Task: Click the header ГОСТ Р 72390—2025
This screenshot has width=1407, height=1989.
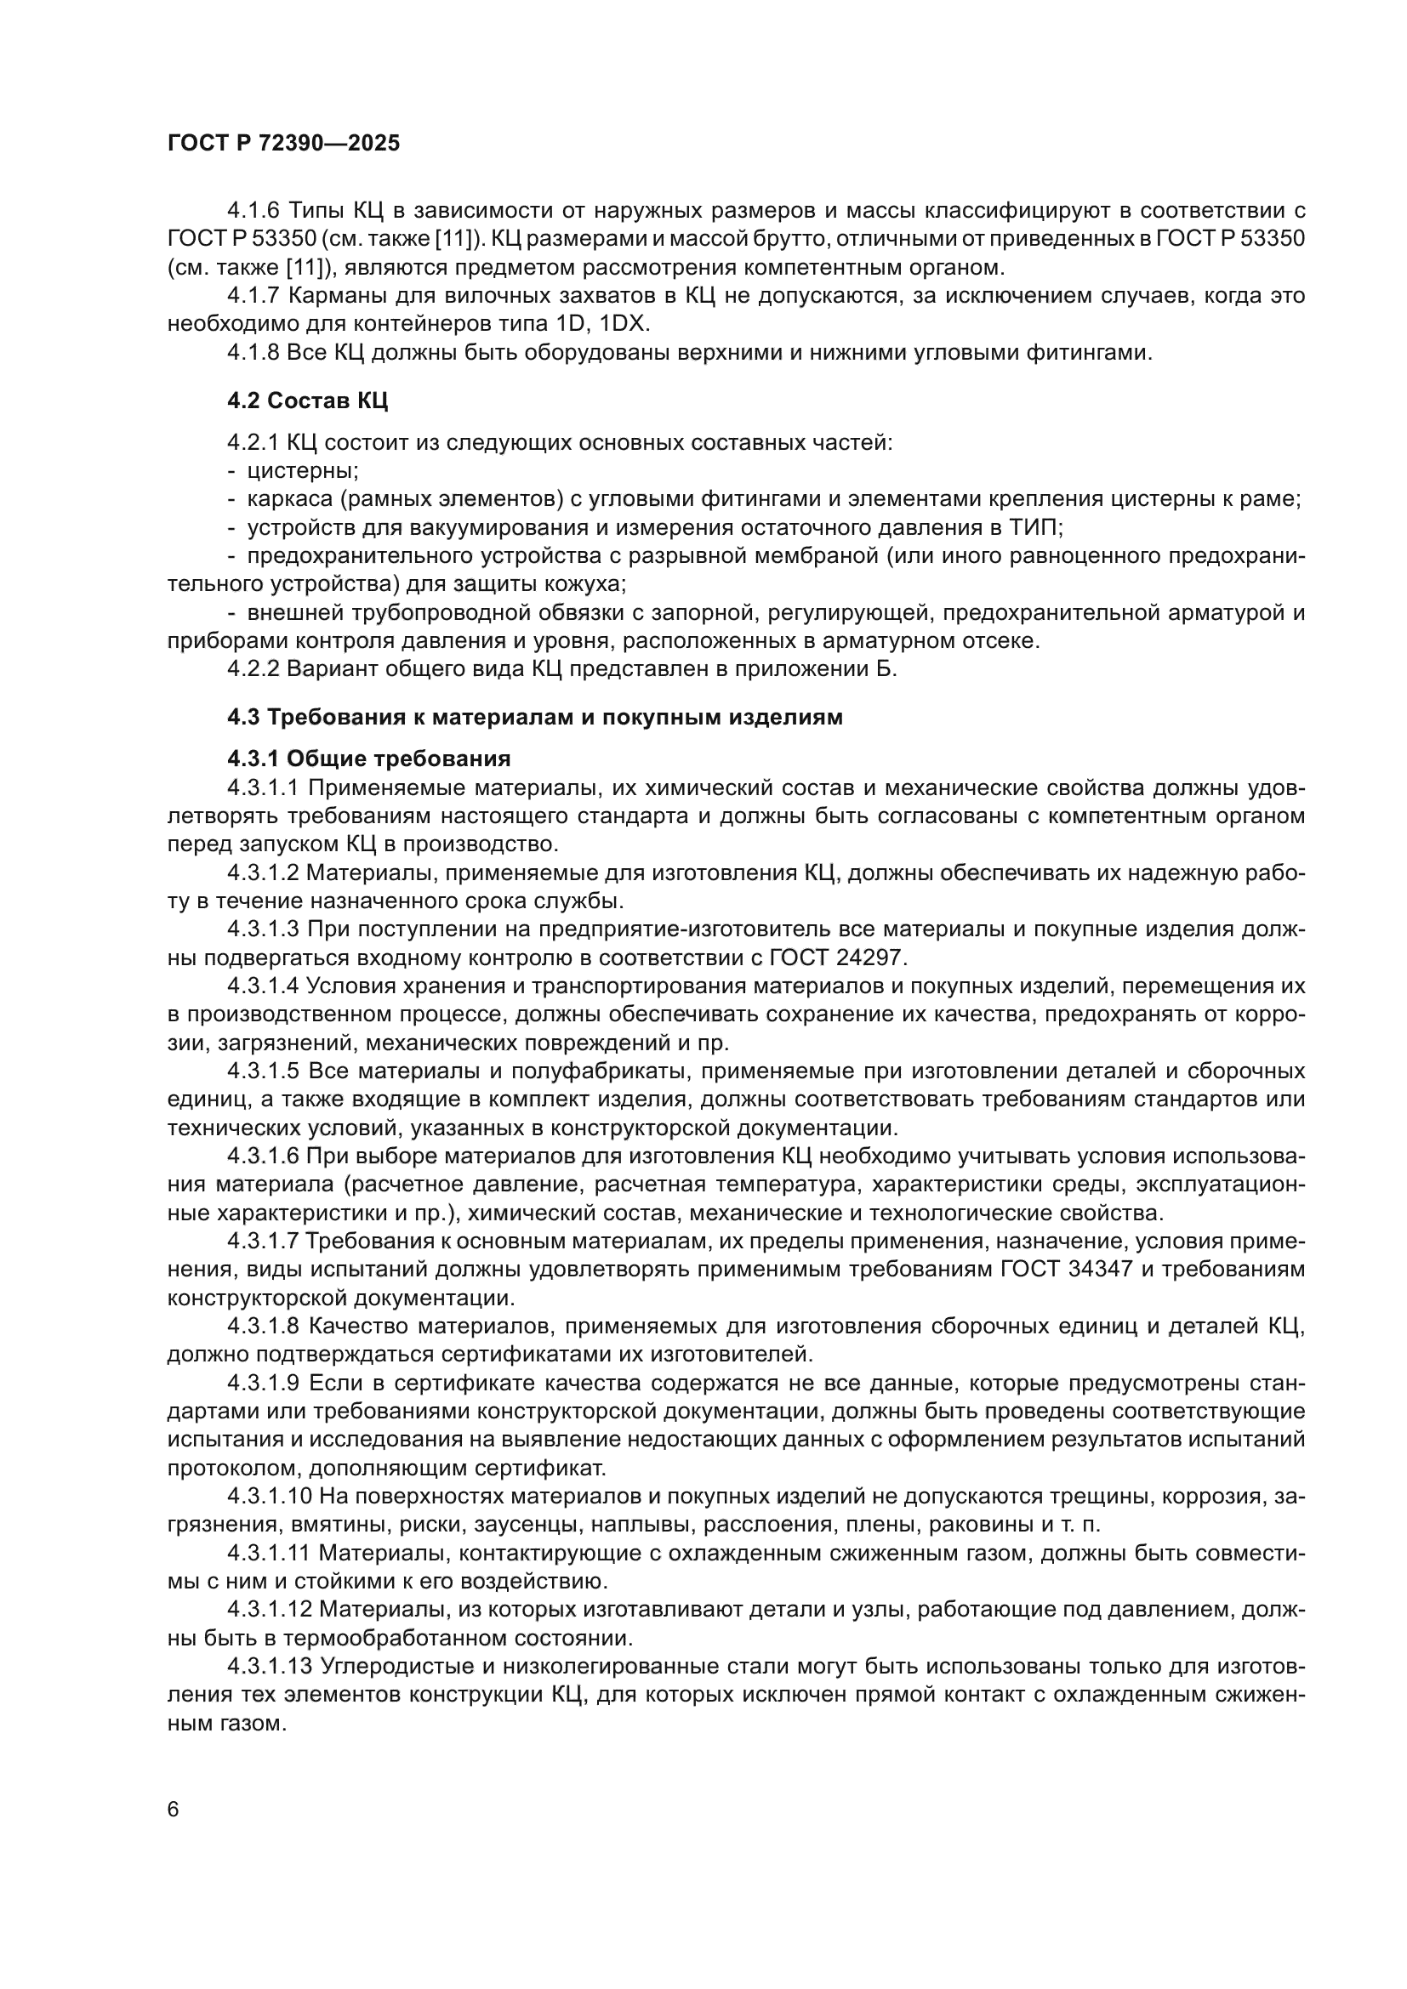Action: pos(283,144)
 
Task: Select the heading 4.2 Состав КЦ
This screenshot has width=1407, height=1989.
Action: pos(308,401)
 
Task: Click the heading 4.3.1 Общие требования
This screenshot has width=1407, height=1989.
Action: pos(369,759)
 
